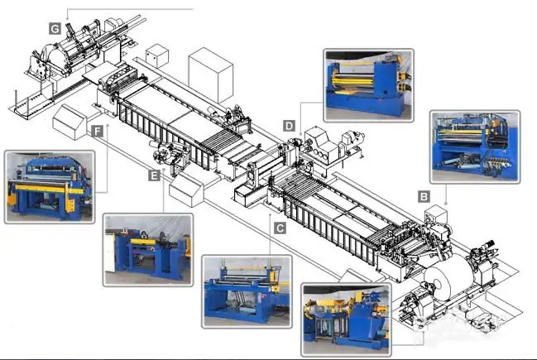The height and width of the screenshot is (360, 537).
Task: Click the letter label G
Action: pos(55,28)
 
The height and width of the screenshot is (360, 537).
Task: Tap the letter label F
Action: pos(98,132)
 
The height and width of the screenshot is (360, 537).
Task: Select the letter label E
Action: pos(154,176)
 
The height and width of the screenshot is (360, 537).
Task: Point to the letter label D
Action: pos(289,126)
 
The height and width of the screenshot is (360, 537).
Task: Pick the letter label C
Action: pos(280,228)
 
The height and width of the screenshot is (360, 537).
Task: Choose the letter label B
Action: pos(424,197)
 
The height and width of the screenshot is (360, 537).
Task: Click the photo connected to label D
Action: pos(368,85)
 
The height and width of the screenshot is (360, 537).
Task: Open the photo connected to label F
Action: pos(50,187)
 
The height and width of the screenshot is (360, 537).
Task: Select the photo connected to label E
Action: pos(148,250)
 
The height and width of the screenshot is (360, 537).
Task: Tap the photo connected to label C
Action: pos(247,291)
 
